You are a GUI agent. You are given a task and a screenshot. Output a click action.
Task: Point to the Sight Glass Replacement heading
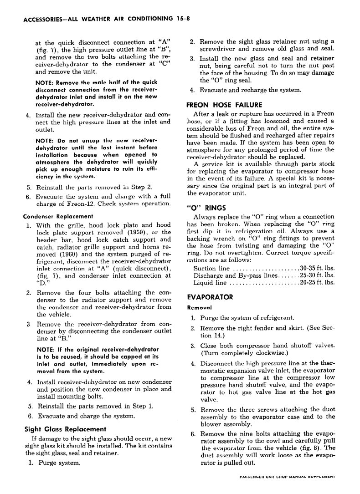pos(65,429)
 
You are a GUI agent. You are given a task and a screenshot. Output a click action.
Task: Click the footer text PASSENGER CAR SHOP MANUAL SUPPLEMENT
pos(287,477)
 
